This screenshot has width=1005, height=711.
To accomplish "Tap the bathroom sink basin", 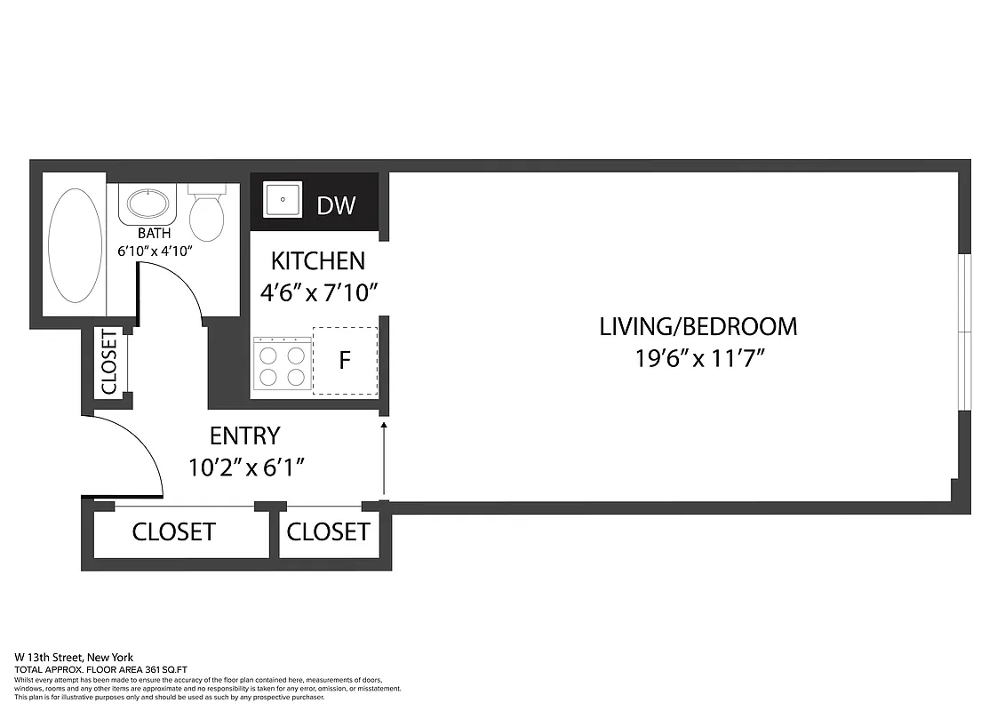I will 148,204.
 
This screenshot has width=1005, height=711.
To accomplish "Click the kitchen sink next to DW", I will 283,199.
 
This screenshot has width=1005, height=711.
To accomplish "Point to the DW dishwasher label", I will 336,205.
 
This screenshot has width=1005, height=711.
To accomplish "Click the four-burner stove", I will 282,363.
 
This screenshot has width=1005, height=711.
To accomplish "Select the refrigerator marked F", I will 345,361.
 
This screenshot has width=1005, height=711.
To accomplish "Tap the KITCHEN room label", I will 317,260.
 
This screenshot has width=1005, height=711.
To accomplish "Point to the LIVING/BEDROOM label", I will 698,326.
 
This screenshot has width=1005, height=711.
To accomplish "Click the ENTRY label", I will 244,435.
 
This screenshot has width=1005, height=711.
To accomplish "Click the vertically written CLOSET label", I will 108,362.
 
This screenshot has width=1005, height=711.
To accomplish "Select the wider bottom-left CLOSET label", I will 173,531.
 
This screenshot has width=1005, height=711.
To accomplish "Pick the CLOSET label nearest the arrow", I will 327,531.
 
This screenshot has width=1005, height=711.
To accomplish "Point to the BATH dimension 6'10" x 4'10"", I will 155,251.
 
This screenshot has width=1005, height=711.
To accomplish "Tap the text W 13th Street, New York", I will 74,657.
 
